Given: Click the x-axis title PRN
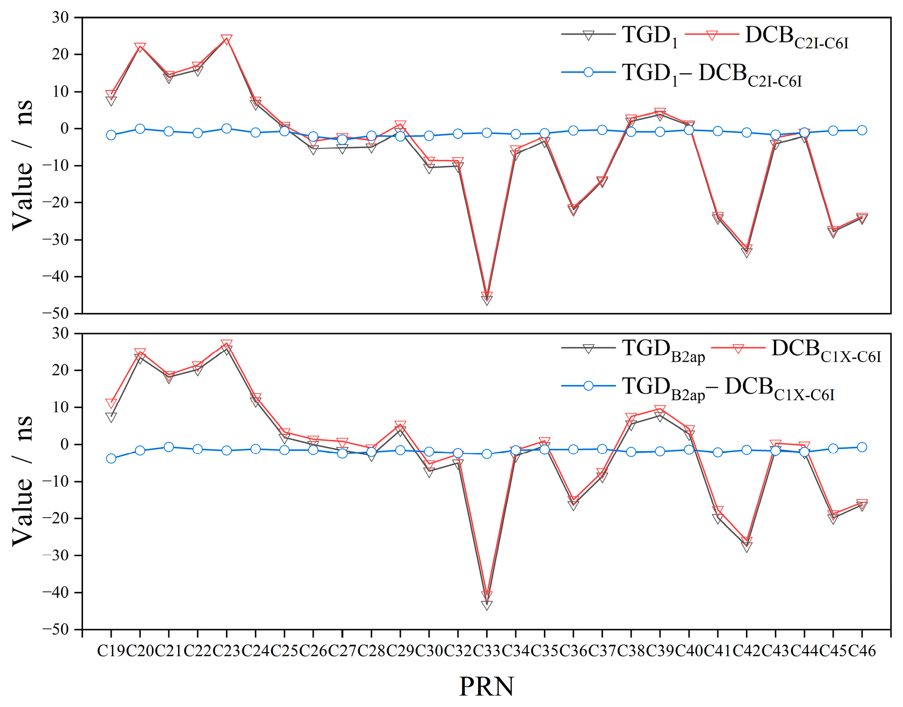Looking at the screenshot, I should pos(486,687).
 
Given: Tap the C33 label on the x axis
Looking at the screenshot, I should pos(487,651).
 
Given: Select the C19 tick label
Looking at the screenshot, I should pos(112,651).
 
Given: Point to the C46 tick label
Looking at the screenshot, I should pos(862,651).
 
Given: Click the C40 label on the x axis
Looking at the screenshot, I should pos(689,651).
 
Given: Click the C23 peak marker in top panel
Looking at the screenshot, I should pos(226,39).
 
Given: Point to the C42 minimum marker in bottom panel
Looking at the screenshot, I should pos(746,546).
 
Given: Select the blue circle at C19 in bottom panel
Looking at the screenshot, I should pos(111,458).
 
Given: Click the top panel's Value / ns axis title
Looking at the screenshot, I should pos(23,165).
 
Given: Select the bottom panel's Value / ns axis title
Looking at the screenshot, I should pos(23,481).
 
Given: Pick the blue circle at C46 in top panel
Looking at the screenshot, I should pos(862,130).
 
